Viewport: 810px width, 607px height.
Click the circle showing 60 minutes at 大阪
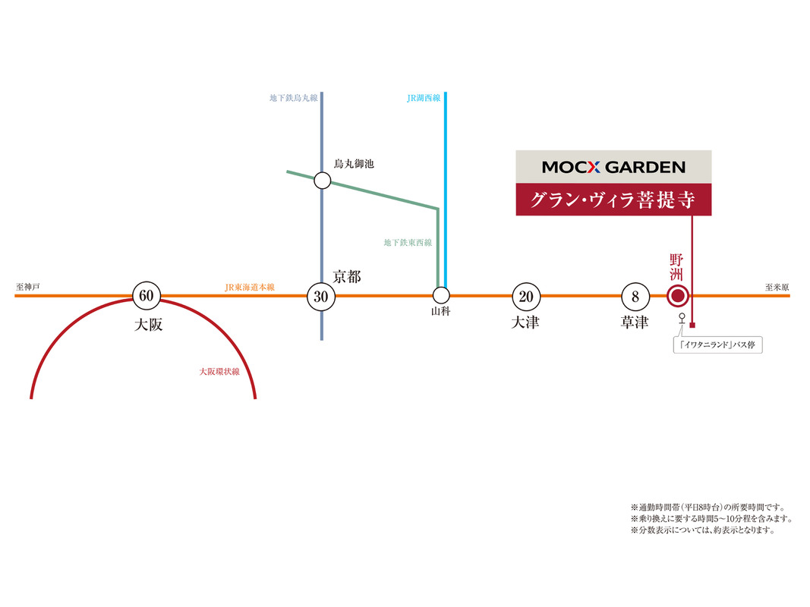point(146,295)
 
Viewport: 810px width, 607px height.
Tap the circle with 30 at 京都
point(321,296)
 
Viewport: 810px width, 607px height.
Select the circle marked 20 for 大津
point(526,296)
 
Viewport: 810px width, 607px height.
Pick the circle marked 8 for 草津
point(635,296)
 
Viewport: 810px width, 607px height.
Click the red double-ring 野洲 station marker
point(677,296)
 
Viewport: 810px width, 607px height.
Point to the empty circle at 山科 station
point(441,295)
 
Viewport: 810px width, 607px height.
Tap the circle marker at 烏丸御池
point(323,181)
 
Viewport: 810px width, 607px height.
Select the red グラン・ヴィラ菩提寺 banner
point(613,200)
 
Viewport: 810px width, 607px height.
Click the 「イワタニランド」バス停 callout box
point(718,345)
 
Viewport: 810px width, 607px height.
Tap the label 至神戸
point(27,288)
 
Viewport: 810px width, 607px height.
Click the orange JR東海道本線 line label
point(249,287)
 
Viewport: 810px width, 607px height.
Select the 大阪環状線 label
point(219,372)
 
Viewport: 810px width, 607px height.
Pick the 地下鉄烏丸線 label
point(294,98)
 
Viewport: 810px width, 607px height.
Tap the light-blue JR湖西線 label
point(424,98)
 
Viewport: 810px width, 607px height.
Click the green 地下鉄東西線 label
point(408,243)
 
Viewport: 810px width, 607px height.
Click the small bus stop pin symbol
point(682,319)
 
